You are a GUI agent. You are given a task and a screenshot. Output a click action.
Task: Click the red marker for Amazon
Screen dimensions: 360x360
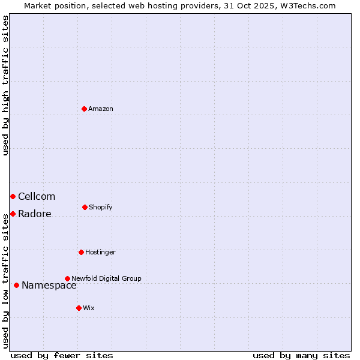pos(85,109)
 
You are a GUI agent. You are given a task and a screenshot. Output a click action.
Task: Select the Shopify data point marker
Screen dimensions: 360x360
pos(85,207)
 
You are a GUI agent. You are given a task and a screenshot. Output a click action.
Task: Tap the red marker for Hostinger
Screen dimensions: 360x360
pos(81,252)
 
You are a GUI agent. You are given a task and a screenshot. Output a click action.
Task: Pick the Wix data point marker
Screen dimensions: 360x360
pos(79,308)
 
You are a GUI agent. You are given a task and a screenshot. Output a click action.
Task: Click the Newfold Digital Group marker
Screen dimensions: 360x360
pos(67,278)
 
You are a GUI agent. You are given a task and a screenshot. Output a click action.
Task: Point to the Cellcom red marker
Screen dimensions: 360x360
pos(13,196)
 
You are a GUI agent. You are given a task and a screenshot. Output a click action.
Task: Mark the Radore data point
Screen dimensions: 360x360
pos(13,214)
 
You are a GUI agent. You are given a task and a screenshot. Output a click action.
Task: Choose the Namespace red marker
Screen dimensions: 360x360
pos(16,285)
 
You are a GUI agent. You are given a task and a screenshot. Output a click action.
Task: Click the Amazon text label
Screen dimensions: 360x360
pos(101,109)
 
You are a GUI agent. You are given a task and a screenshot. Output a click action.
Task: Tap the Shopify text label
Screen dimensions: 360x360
pos(101,207)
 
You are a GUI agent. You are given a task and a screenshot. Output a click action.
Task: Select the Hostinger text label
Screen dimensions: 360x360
pos(100,252)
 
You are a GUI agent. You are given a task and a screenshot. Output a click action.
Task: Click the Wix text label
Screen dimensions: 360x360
pos(89,308)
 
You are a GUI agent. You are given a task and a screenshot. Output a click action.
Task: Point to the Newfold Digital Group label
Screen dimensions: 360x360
pos(106,278)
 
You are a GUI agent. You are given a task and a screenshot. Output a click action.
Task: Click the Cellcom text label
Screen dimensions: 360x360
pos(37,196)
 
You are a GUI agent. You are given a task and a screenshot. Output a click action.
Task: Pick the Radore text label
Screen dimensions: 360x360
pos(35,214)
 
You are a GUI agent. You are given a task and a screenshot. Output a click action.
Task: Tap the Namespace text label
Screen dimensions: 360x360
pos(49,286)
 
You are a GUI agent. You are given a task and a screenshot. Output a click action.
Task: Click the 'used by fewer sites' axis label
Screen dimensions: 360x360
pos(62,355)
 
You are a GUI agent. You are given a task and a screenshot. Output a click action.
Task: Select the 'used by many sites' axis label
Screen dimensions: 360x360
pos(301,355)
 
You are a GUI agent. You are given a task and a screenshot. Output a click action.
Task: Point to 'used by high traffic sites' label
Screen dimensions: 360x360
pos(5,85)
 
